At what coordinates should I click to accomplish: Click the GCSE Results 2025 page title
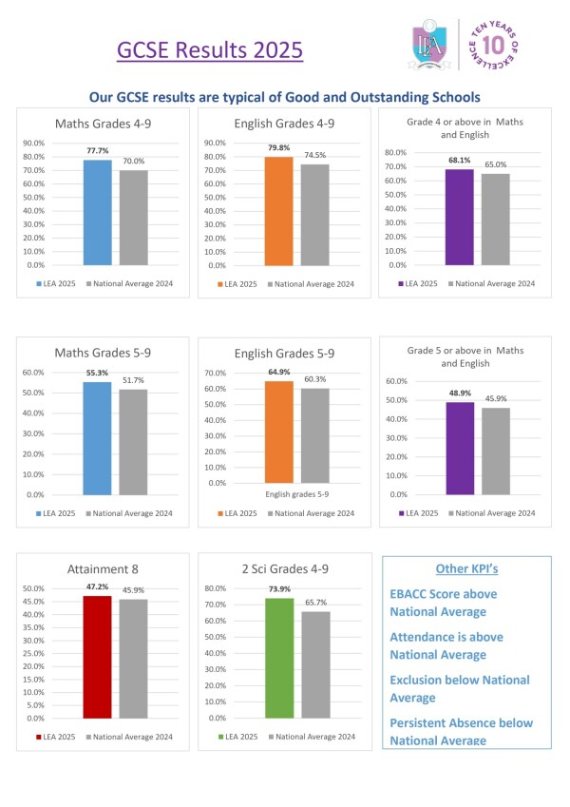coord(209,48)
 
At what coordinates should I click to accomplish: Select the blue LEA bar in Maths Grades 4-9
coord(98,212)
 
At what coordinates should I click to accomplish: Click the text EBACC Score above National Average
coord(444,602)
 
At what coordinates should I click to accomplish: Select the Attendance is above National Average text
coord(446,645)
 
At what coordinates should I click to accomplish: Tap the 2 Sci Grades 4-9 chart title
coord(280,568)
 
